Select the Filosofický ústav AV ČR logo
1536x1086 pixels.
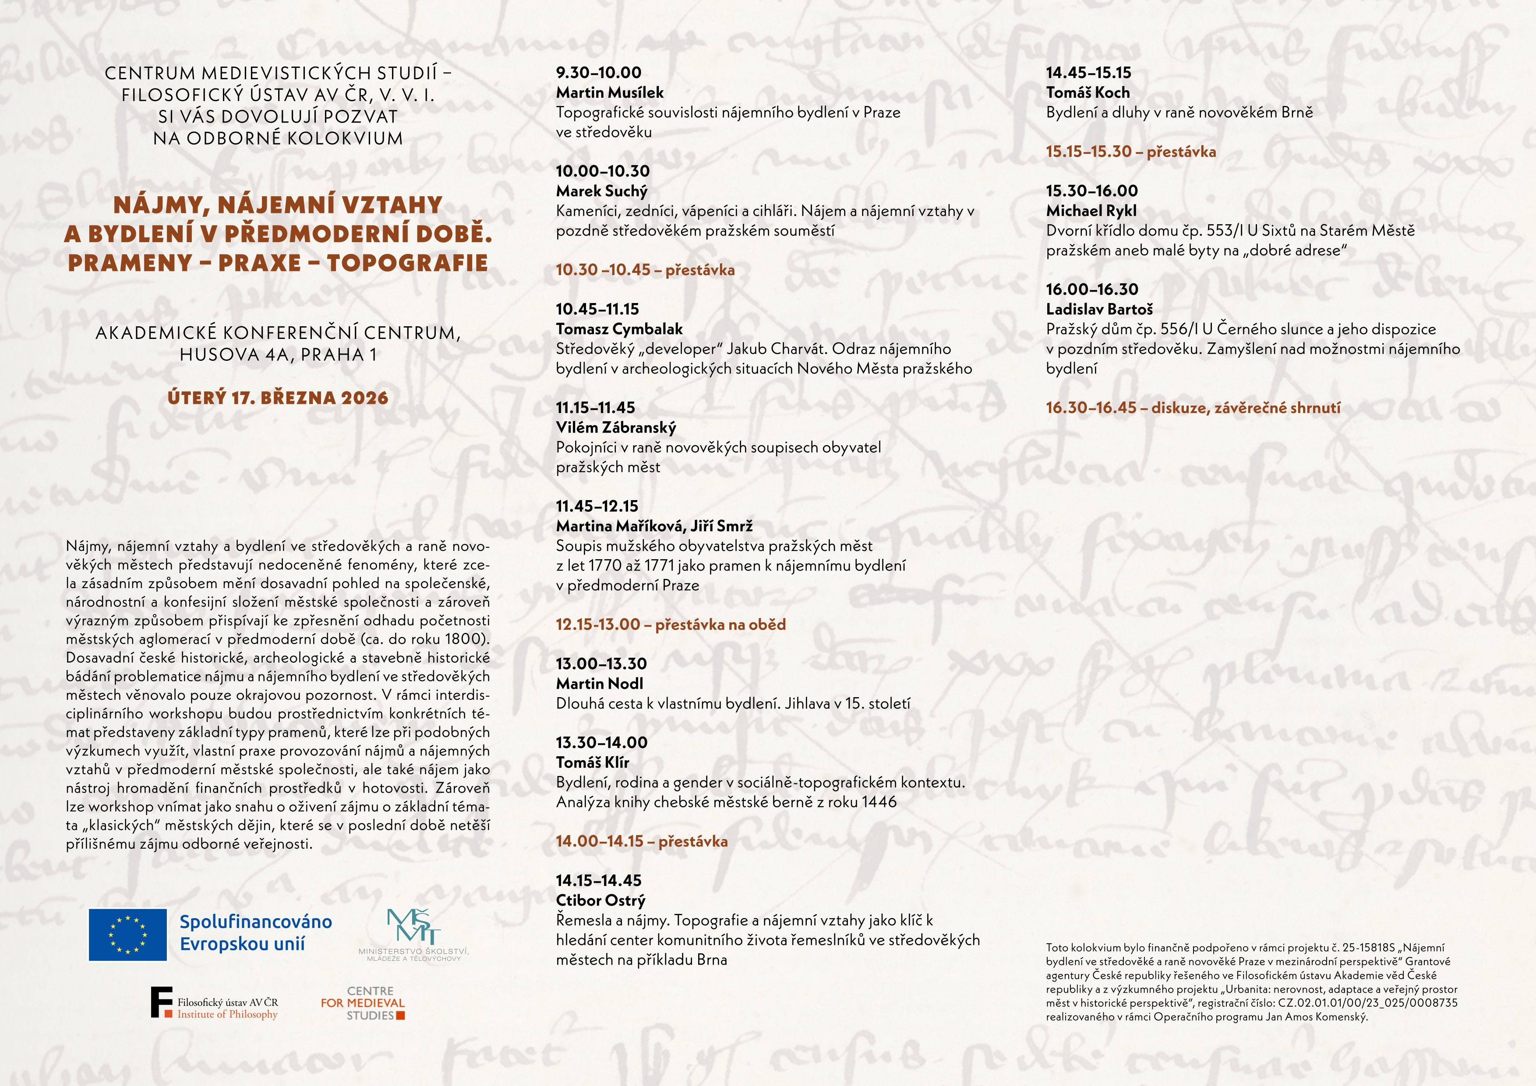(214, 1003)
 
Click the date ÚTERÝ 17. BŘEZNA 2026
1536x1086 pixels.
(278, 398)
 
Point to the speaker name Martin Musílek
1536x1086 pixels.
(609, 92)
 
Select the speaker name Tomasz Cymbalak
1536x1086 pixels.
(619, 329)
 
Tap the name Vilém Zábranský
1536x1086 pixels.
(615, 427)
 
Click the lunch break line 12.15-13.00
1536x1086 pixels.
(670, 624)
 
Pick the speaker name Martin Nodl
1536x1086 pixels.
(600, 684)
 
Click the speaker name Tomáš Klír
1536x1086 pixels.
(592, 762)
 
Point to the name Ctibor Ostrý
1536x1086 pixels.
(600, 900)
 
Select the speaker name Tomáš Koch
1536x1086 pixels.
(1088, 92)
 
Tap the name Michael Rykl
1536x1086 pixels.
(1091, 211)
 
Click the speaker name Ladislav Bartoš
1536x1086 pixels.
(1099, 309)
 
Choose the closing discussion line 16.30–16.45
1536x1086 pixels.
(1193, 408)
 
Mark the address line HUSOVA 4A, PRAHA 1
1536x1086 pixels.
(278, 354)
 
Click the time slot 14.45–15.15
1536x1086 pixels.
(1088, 73)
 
